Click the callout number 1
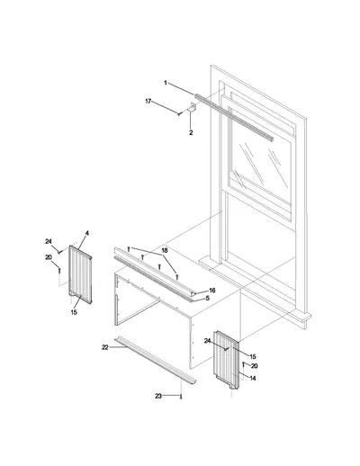point(166,83)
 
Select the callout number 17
point(148,102)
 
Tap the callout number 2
point(191,132)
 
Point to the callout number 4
point(87,233)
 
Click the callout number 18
point(165,251)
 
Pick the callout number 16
point(212,291)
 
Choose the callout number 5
point(207,299)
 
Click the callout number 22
point(104,347)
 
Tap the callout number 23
point(158,397)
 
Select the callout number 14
point(253,379)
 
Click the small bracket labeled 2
point(192,107)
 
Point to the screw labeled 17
point(179,113)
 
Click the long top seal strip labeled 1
point(234,118)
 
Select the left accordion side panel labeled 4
point(80,274)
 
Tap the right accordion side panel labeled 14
point(226,360)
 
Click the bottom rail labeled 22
point(155,360)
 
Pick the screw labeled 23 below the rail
point(181,397)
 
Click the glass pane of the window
point(260,164)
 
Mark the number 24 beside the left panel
point(49,241)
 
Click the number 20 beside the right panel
point(254,366)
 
